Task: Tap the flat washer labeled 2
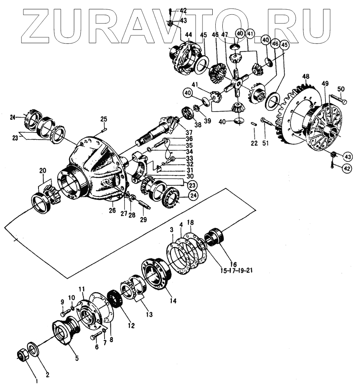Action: click(33, 348)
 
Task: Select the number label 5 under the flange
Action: click(77, 358)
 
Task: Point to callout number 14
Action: click(172, 301)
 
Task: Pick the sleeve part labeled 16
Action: click(213, 237)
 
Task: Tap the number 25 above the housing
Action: click(103, 119)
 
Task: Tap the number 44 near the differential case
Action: click(188, 35)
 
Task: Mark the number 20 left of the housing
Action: click(42, 170)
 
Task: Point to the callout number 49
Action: click(325, 83)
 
